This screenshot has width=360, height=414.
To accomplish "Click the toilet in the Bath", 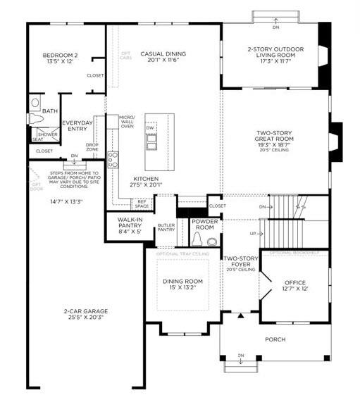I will (36, 103).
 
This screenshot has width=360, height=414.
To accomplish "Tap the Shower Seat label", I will (46, 136).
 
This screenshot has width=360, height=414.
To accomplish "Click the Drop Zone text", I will (92, 147).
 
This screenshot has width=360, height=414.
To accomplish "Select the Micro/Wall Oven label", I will (127, 121).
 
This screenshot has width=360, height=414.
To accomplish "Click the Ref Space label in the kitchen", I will (142, 203).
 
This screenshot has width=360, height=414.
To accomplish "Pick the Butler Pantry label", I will (166, 227).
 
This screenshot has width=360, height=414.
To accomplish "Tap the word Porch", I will (275, 339).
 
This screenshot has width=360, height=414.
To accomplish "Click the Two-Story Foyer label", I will (240, 265).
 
